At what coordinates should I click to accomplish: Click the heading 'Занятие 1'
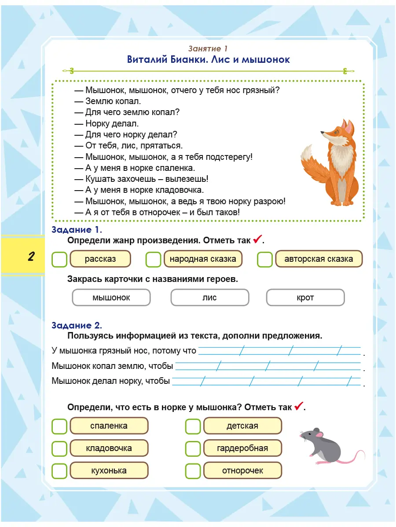click(x=208, y=49)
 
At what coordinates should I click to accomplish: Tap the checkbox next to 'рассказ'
click(x=59, y=259)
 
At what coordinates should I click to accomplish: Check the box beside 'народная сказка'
click(x=154, y=259)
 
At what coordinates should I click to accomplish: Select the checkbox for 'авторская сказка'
click(x=265, y=259)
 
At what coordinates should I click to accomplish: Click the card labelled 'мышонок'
click(x=111, y=297)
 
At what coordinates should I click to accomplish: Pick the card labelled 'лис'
click(x=209, y=297)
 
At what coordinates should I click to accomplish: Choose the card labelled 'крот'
click(x=305, y=297)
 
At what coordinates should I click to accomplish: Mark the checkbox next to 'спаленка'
click(x=59, y=426)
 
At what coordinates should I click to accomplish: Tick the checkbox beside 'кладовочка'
click(x=59, y=448)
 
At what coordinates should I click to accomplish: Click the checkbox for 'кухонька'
click(x=59, y=471)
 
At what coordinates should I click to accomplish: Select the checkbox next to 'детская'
click(x=193, y=426)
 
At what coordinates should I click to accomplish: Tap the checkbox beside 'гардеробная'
click(x=193, y=448)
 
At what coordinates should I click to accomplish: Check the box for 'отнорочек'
click(x=193, y=471)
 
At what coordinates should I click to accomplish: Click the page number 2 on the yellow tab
click(x=31, y=256)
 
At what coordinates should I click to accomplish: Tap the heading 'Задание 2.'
click(x=77, y=325)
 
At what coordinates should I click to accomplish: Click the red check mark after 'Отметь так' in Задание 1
click(x=257, y=240)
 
